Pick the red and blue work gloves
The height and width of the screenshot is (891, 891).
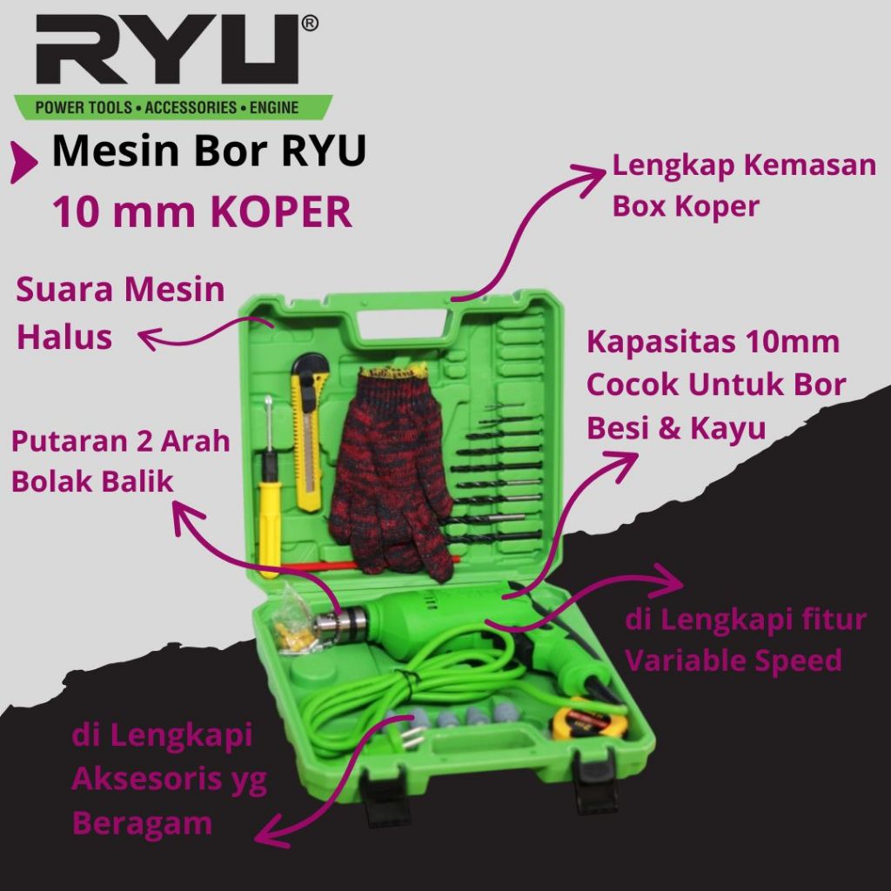(x=392, y=470)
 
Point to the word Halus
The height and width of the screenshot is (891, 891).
(x=65, y=338)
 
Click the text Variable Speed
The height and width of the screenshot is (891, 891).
(x=734, y=660)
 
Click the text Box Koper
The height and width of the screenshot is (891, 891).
(x=687, y=206)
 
